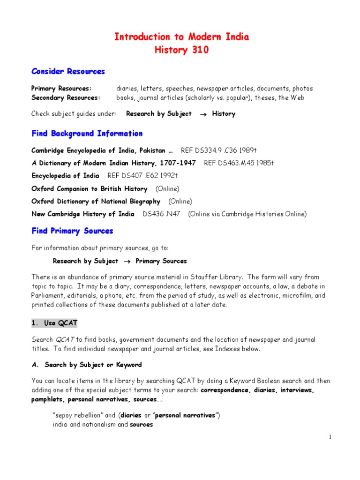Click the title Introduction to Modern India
coord(182,37)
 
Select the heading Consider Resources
coord(68,71)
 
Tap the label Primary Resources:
coord(61,89)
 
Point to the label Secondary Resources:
coord(66,97)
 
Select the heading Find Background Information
coord(87,134)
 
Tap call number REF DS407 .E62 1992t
coord(143,176)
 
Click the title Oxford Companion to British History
coord(89,188)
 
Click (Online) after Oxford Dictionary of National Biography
coord(180,201)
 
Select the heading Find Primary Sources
coord(72,231)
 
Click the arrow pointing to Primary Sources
coord(127,261)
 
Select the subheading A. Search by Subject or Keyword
coord(87,364)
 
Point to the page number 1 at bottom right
coord(330,437)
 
